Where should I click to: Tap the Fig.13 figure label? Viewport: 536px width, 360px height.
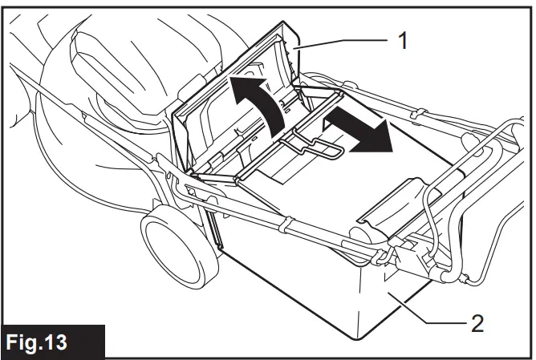pos(53,342)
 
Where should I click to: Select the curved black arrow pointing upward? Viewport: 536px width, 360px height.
pos(258,99)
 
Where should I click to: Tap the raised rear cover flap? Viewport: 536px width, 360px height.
pos(233,96)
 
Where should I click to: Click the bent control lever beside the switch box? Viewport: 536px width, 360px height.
pos(450,233)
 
